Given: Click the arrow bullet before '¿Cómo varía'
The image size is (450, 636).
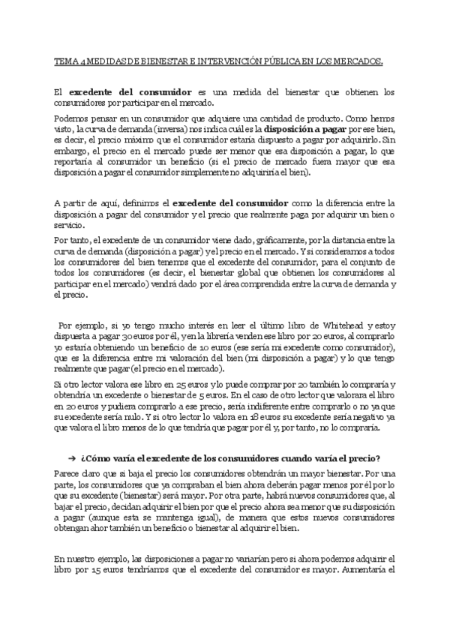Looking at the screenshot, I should tap(70, 459).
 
